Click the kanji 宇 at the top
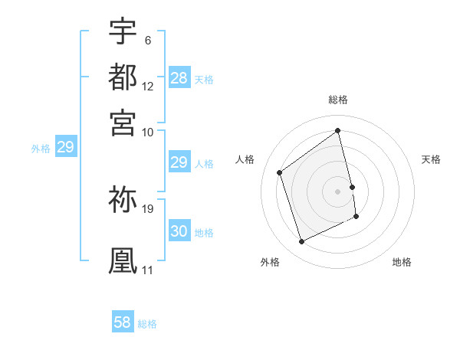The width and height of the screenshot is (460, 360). pos(123,31)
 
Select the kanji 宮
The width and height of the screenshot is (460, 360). pos(123,121)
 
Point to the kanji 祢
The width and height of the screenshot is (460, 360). pos(123,200)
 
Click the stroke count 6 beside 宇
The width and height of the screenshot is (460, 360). pos(147,41)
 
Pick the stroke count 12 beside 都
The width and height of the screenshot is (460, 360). pos(148,87)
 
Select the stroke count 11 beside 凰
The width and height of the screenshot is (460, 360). pos(147,270)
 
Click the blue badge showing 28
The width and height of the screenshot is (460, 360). pos(179,78)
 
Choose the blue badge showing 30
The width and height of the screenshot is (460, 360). pos(179,231)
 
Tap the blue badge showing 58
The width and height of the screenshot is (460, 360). pos(123,322)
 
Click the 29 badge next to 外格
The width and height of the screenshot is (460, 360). pos(65,147)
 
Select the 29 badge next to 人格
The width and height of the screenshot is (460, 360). pos(179,162)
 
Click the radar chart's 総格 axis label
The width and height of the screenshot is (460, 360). pos(338,100)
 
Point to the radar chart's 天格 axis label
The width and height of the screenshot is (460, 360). pos(431,159)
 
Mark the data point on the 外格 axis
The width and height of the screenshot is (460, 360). pos(301,242)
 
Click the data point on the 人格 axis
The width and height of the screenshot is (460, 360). pos(280,172)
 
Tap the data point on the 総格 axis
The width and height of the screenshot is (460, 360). pos(338,130)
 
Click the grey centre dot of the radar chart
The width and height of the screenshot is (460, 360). pos(338,191)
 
